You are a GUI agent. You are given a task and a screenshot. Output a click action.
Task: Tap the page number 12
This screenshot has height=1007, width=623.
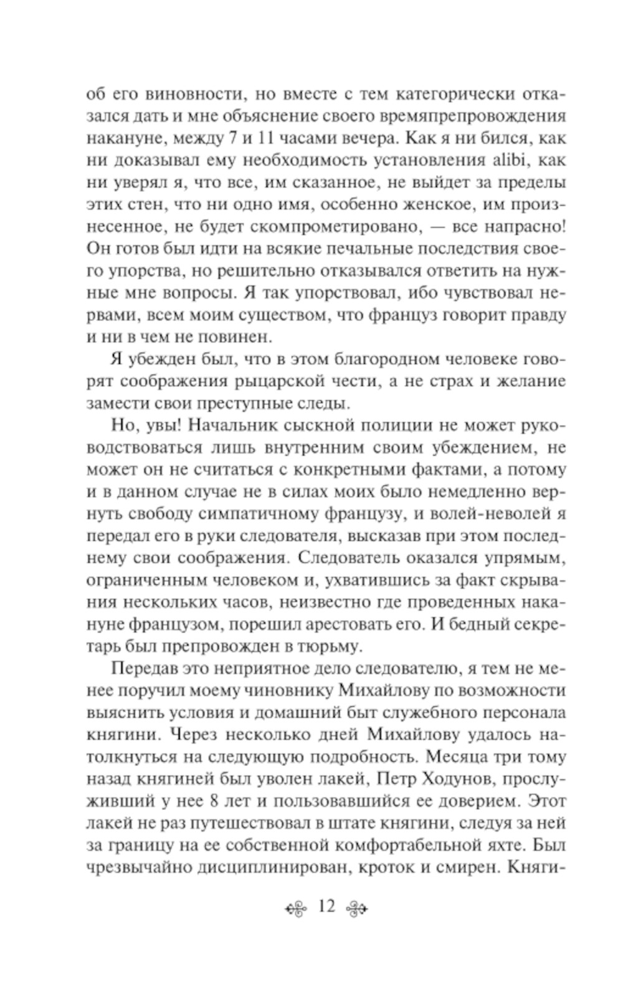coord(326,907)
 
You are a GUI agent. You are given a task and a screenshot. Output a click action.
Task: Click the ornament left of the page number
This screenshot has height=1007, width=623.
coord(297,908)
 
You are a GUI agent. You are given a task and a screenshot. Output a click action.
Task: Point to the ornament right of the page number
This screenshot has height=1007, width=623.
coord(358,908)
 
